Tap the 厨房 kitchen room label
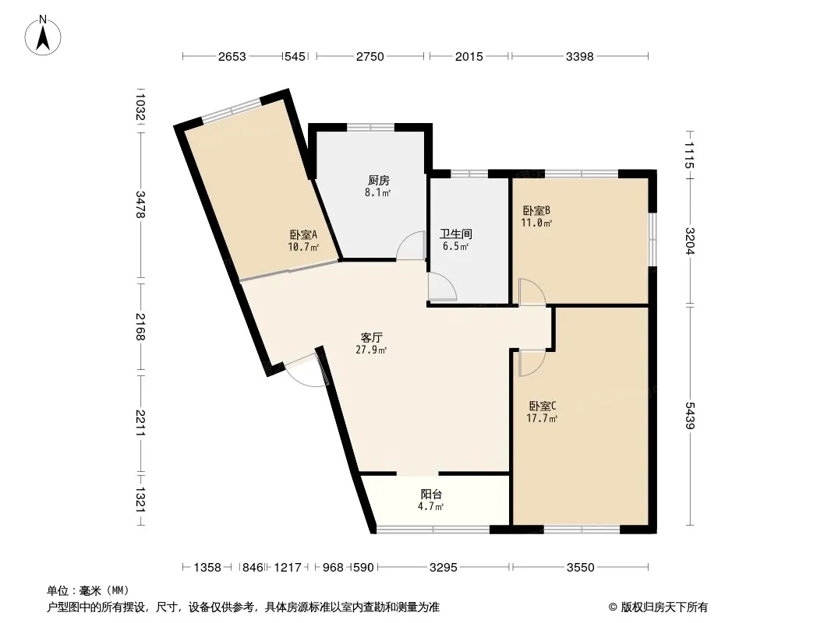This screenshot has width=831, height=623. tap(378, 181)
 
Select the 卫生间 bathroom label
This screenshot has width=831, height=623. tap(456, 234)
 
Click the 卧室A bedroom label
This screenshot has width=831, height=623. tap(303, 234)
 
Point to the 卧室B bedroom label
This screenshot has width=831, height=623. tap(536, 211)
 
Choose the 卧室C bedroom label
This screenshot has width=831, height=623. tap(542, 406)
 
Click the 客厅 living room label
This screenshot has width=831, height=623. tap(372, 337)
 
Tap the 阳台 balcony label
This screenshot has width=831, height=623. tap(431, 494)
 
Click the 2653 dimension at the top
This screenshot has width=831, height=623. tap(232, 56)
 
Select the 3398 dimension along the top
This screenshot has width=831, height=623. tap(579, 56)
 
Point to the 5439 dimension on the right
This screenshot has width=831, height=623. tap(689, 416)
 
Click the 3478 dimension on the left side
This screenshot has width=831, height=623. tap(140, 204)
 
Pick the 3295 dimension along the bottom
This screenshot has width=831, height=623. tap(443, 568)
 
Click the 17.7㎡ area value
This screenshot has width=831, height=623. tap(542, 419)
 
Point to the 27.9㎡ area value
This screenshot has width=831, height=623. tap(371, 350)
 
